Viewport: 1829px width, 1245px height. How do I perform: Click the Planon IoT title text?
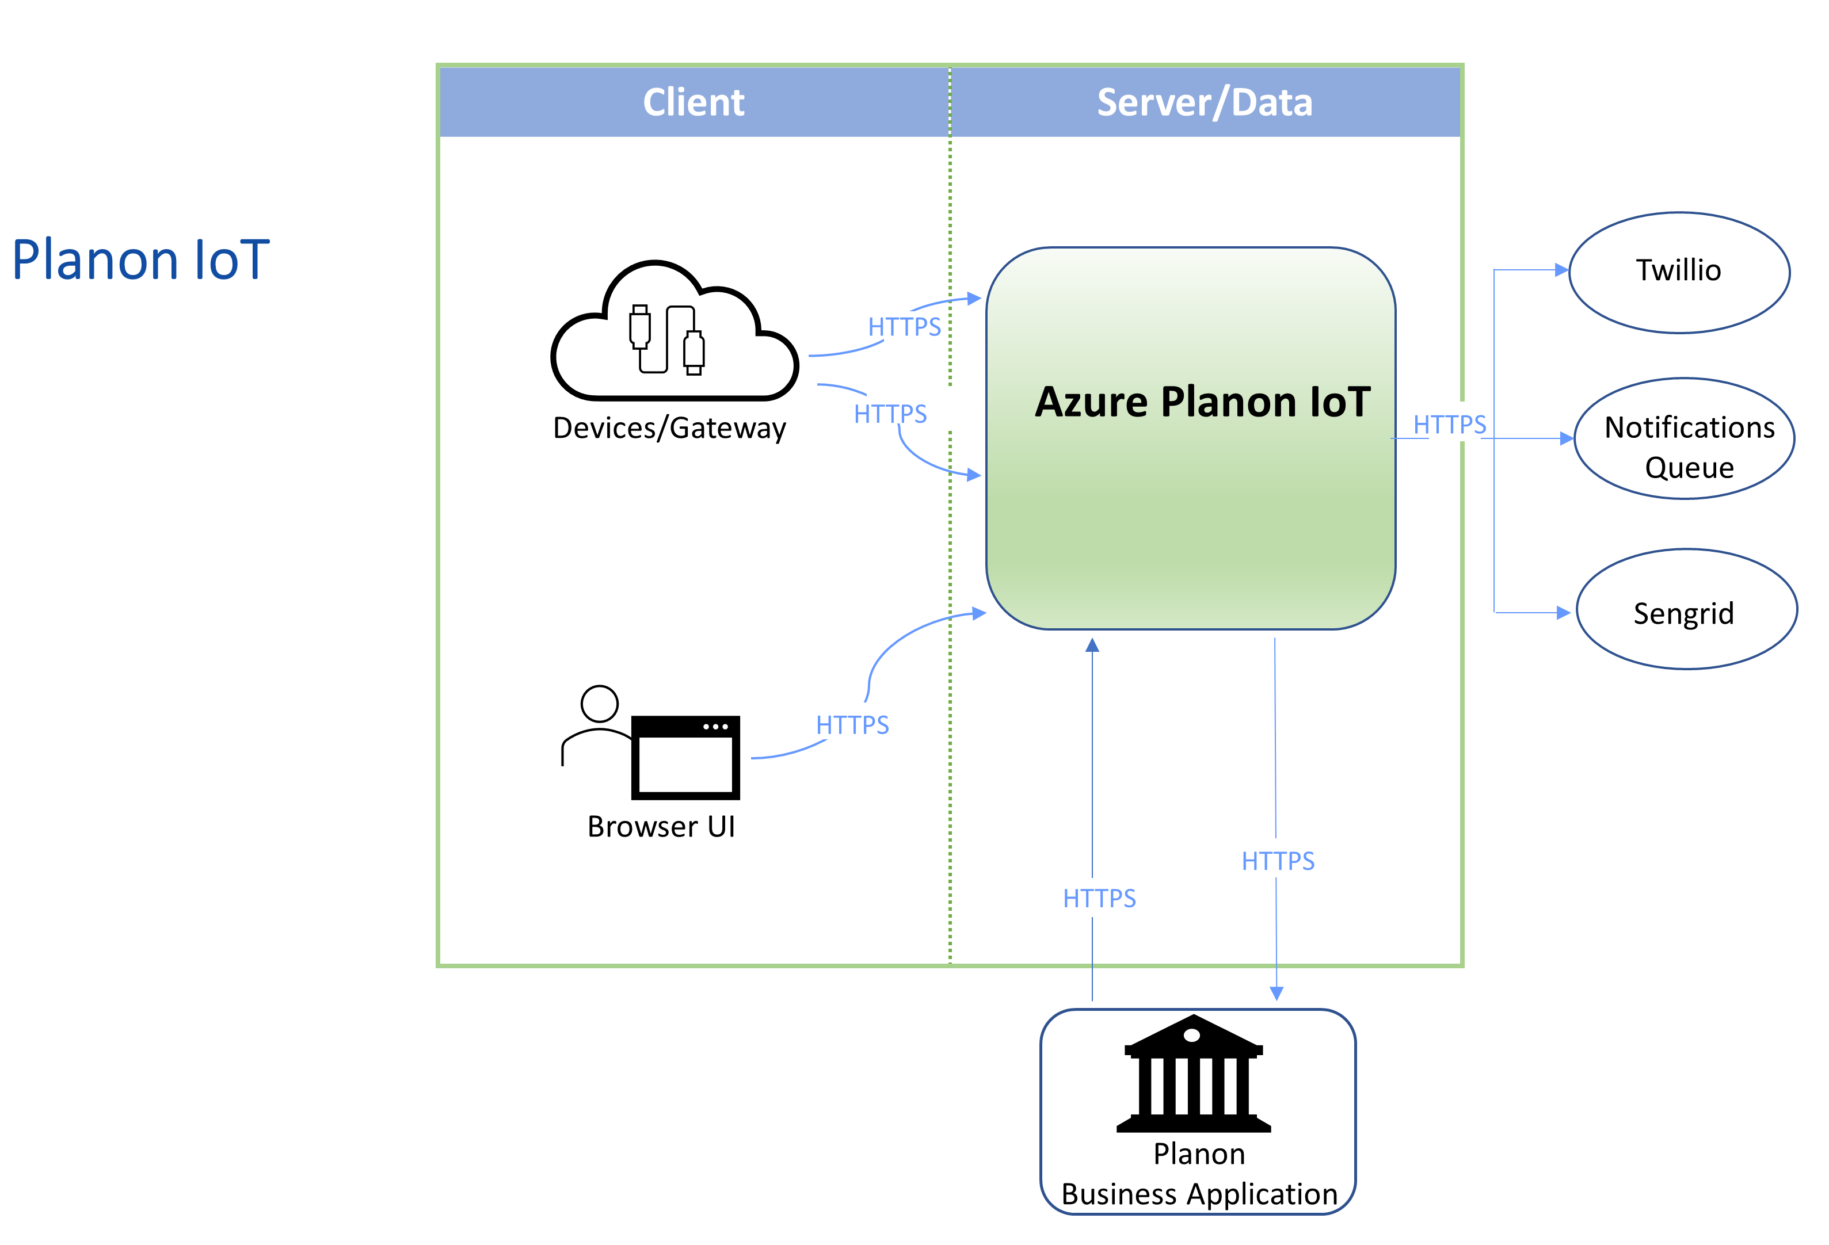tap(141, 261)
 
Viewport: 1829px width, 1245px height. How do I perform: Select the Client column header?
tap(694, 102)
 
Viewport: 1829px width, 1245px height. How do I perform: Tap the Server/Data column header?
tap(1204, 102)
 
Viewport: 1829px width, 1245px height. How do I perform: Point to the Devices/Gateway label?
tap(669, 428)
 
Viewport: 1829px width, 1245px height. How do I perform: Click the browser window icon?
tap(685, 757)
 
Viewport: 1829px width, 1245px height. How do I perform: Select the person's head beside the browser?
tap(599, 703)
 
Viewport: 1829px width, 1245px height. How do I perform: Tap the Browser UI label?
tap(661, 826)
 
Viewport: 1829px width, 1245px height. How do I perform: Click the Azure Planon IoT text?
tap(1202, 402)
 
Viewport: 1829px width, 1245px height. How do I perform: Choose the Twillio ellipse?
tap(1679, 272)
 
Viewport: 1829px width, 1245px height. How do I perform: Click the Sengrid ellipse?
tap(1686, 610)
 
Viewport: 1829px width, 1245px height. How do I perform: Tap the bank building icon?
tap(1193, 1074)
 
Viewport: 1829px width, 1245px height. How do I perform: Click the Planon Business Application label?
tap(1199, 1174)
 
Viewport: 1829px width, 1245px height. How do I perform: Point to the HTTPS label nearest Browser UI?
tap(852, 725)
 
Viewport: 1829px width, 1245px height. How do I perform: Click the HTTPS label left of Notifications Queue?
tap(1450, 425)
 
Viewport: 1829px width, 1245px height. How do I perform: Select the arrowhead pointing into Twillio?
tap(1561, 270)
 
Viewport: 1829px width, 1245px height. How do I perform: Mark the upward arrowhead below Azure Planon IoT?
tap(1092, 646)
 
